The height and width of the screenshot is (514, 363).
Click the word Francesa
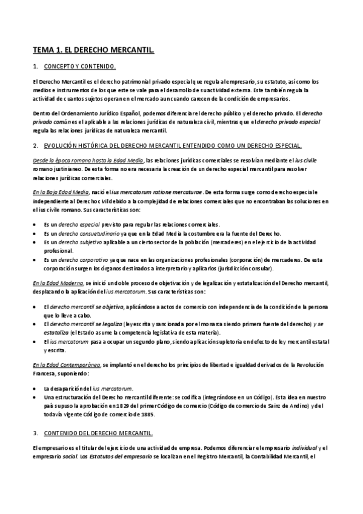[x=46, y=374]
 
